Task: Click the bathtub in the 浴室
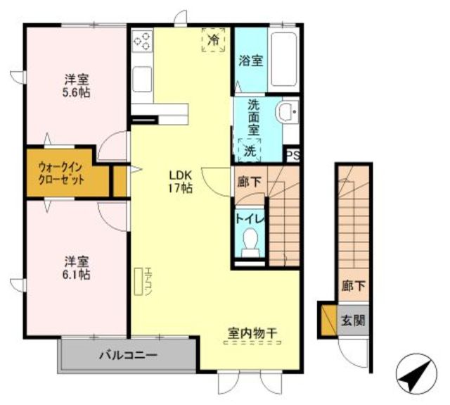tap(283, 58)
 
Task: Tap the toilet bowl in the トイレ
tap(250, 240)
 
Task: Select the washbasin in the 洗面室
tap(288, 111)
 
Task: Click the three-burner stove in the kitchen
tap(142, 40)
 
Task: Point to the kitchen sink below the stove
tap(142, 79)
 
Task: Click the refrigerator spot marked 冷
tap(213, 40)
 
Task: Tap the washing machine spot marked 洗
tap(250, 150)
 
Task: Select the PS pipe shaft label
tap(293, 156)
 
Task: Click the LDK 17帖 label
tap(180, 182)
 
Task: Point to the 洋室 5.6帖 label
tap(77, 86)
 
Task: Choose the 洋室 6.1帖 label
tap(77, 268)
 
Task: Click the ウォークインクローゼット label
tap(61, 173)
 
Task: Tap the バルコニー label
tap(128, 355)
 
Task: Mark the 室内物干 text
tap(252, 333)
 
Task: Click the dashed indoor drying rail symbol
tap(252, 342)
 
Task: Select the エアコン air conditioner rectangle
tap(139, 282)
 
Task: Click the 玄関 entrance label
tap(353, 320)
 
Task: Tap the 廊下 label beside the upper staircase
tap(249, 182)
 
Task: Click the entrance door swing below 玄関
tap(352, 352)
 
